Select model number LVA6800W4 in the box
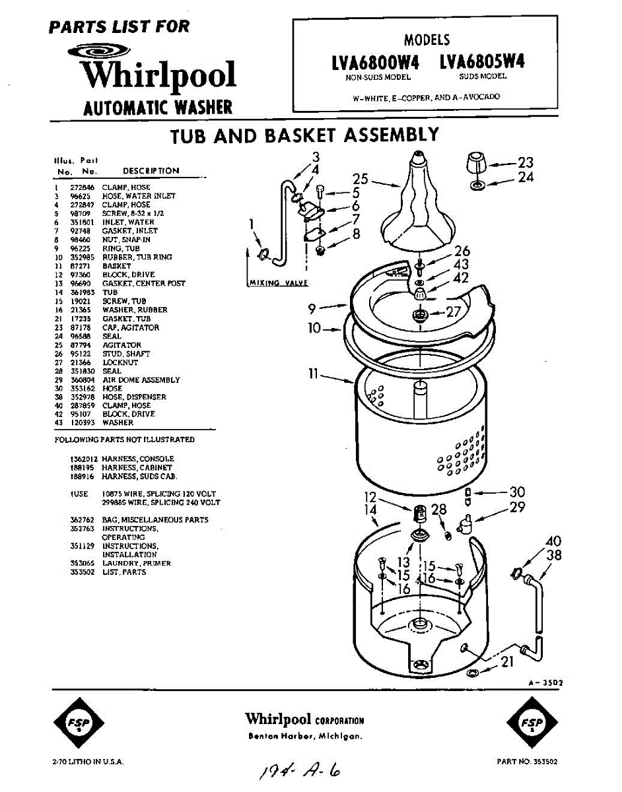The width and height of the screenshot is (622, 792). coord(376,62)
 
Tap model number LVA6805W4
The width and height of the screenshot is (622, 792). coord(482,62)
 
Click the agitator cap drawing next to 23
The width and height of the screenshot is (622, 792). coord(475,163)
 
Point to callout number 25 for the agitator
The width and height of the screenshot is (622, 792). coord(360,179)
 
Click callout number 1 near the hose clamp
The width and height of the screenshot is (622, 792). coord(252,225)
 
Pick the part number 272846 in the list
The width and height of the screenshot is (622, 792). coord(81,187)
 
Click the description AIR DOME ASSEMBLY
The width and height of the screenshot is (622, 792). coord(141,379)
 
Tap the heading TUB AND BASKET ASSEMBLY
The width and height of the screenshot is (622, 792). coord(304,135)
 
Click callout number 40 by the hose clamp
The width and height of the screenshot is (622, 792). coord(553,542)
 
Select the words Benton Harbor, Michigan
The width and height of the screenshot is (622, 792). coord(304,736)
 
